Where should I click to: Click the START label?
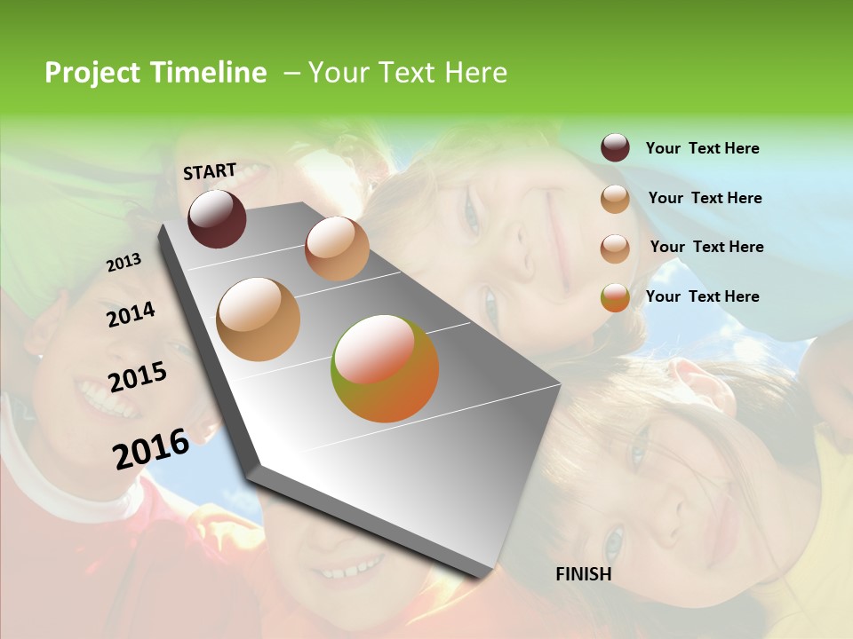(210, 171)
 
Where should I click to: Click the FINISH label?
(584, 574)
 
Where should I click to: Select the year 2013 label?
(124, 263)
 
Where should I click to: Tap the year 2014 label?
(131, 315)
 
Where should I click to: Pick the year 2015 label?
(138, 377)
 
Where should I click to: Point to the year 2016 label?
(151, 448)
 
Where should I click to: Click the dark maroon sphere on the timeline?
(217, 218)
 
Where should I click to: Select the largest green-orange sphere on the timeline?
(385, 368)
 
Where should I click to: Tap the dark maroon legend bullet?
(615, 148)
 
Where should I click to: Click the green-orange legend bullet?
(615, 297)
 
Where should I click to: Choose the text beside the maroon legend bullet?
(702, 148)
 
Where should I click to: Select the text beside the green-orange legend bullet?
(702, 296)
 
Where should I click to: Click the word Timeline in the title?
(208, 73)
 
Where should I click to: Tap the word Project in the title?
(92, 73)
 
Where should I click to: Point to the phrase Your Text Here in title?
(407, 73)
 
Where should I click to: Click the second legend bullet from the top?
(615, 199)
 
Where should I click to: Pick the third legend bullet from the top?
(615, 248)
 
